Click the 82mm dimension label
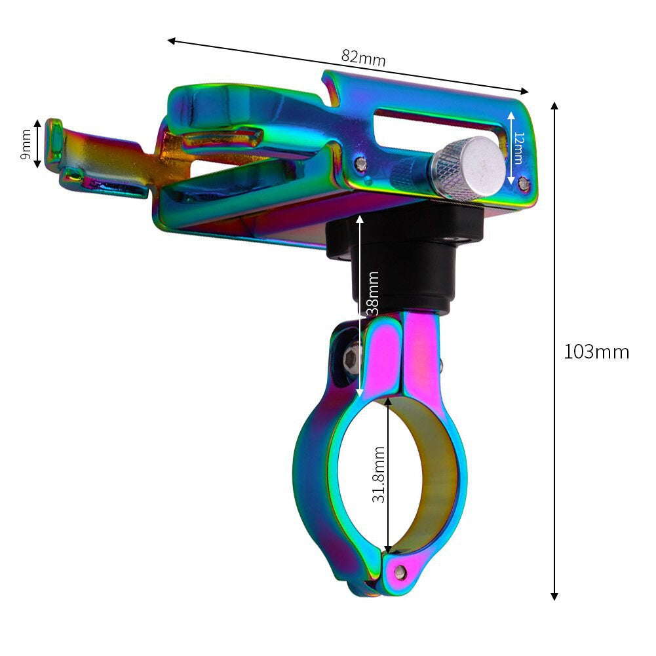coord(363,58)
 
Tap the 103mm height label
coord(596,352)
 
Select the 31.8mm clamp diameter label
coord(379,474)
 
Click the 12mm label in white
coord(518,147)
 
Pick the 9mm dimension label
coord(26,144)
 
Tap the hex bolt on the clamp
coord(353,357)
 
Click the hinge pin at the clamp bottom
coord(400,573)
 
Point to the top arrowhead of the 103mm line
coord(554,106)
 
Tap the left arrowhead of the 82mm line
coord(172,41)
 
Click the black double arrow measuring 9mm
coord(38,144)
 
